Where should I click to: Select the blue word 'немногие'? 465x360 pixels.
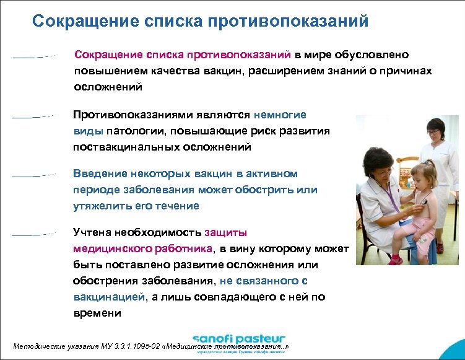280,115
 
